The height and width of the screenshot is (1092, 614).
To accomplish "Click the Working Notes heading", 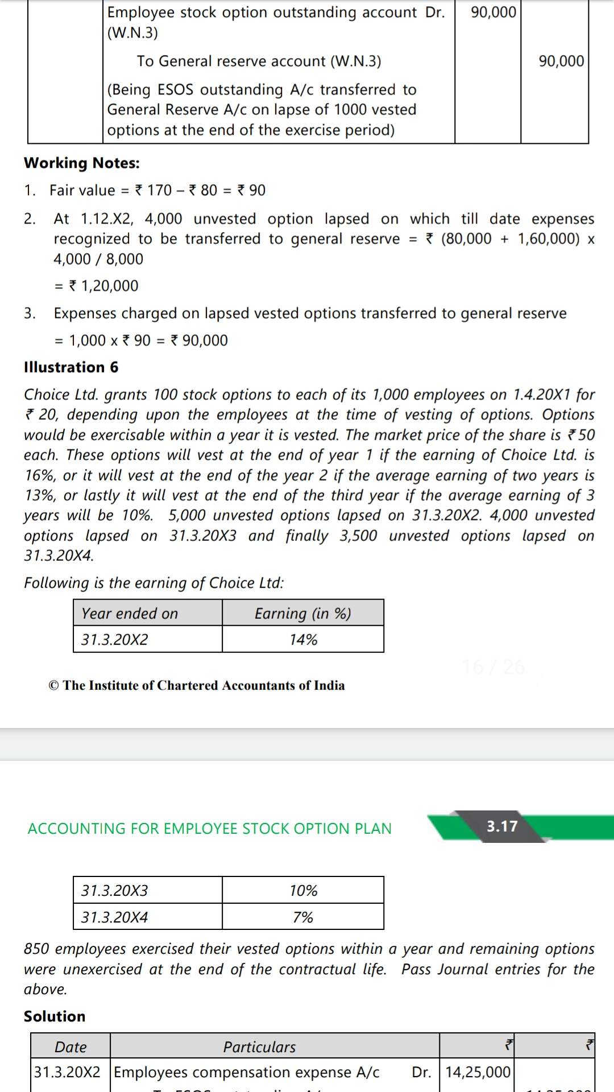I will click(x=82, y=163).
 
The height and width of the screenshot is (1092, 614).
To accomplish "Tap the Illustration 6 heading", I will click(x=71, y=367).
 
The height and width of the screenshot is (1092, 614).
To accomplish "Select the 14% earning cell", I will click(x=303, y=640).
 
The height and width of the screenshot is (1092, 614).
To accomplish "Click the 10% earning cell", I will click(x=303, y=891).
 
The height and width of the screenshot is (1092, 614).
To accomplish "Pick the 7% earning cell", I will click(x=303, y=917).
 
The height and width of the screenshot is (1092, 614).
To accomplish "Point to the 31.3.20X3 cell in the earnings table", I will click(x=114, y=891).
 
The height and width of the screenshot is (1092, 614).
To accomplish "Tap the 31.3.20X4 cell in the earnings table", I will click(x=114, y=917).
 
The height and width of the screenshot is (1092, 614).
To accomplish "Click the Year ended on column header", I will click(x=130, y=614).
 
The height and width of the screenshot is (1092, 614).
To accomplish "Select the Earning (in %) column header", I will click(x=302, y=614).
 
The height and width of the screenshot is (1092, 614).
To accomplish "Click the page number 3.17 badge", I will click(x=502, y=826).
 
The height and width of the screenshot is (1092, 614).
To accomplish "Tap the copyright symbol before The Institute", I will click(x=53, y=686).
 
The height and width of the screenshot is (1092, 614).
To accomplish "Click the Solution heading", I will click(x=55, y=1016).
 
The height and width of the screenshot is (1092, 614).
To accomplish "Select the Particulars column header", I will click(x=259, y=1047).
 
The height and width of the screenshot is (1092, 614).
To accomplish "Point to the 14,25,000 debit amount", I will click(x=478, y=1072).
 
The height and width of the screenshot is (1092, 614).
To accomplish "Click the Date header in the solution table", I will click(x=70, y=1047).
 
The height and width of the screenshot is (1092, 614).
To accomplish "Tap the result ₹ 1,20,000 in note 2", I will click(x=103, y=286).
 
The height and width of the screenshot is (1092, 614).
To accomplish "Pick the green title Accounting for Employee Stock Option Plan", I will click(x=210, y=829).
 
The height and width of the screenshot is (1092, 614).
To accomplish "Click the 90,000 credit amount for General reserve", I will click(x=561, y=61).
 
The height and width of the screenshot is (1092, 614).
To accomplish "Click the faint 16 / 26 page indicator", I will click(x=493, y=667).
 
